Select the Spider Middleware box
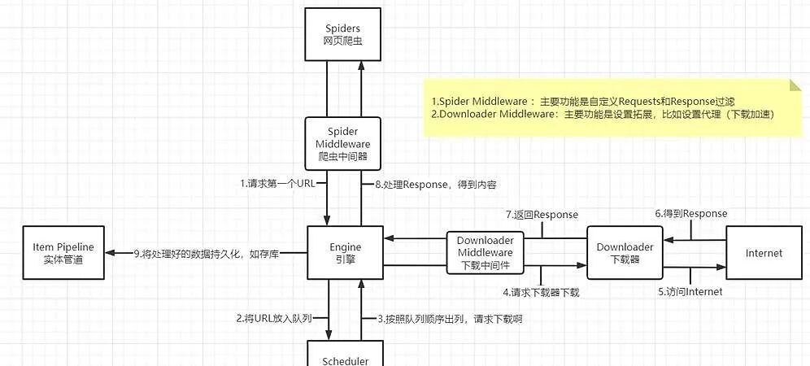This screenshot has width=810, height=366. point(343,143)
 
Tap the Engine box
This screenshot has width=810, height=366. point(346,253)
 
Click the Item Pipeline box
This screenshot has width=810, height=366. point(63,253)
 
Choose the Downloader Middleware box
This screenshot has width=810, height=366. point(485,253)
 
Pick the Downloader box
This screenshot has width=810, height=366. point(625,253)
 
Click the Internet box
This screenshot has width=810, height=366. point(764,253)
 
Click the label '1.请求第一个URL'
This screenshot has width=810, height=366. point(277,184)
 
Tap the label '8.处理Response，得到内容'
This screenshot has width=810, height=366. point(435,185)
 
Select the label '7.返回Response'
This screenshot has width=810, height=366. point(542,215)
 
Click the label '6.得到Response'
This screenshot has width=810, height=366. point(691,213)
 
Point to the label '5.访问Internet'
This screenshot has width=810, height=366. point(690,291)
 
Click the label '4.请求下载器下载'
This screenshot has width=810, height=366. point(540,291)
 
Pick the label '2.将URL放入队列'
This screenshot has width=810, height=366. point(274,319)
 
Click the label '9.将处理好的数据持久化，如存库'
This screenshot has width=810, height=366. point(207,253)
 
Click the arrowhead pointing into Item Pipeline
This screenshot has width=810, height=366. point(111,253)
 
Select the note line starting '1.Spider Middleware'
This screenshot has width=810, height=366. point(583,102)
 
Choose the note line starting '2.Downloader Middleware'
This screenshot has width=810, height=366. point(603,115)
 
